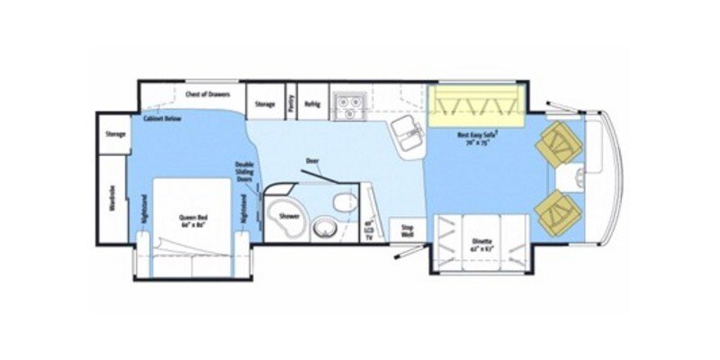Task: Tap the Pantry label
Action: pyautogui.click(x=291, y=103)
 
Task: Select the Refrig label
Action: pyautogui.click(x=312, y=103)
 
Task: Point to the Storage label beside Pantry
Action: pyautogui.click(x=265, y=103)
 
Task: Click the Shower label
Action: pyautogui.click(x=289, y=217)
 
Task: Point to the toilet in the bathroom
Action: pyautogui.click(x=342, y=202)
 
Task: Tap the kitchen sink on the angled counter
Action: pyautogui.click(x=409, y=132)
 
